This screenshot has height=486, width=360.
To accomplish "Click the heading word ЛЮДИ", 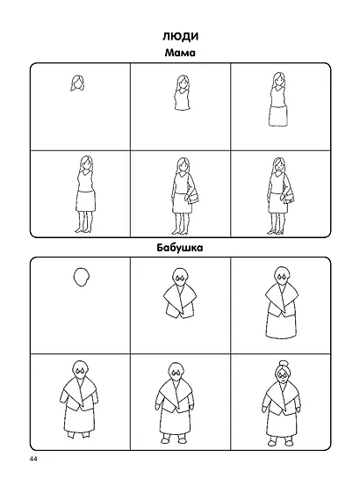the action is point(181,36).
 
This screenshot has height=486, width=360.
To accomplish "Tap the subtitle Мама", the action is point(180,53).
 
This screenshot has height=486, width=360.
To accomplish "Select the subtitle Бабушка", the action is point(180,248).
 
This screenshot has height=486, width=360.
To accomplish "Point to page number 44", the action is point(33,459).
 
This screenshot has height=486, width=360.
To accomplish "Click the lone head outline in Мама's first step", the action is point(77,83).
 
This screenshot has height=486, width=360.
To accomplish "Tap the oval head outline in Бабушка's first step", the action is point(82,277).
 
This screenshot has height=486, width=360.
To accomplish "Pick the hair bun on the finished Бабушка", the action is point(283,363).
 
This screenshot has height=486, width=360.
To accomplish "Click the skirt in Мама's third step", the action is point(278,116).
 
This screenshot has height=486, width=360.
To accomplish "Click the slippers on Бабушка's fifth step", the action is point(174,440).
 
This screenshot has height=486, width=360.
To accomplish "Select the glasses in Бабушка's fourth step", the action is point(81,371).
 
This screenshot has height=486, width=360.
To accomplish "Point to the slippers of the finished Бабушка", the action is point(280,442).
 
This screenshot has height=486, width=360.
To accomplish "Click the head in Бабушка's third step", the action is point(282,276).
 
